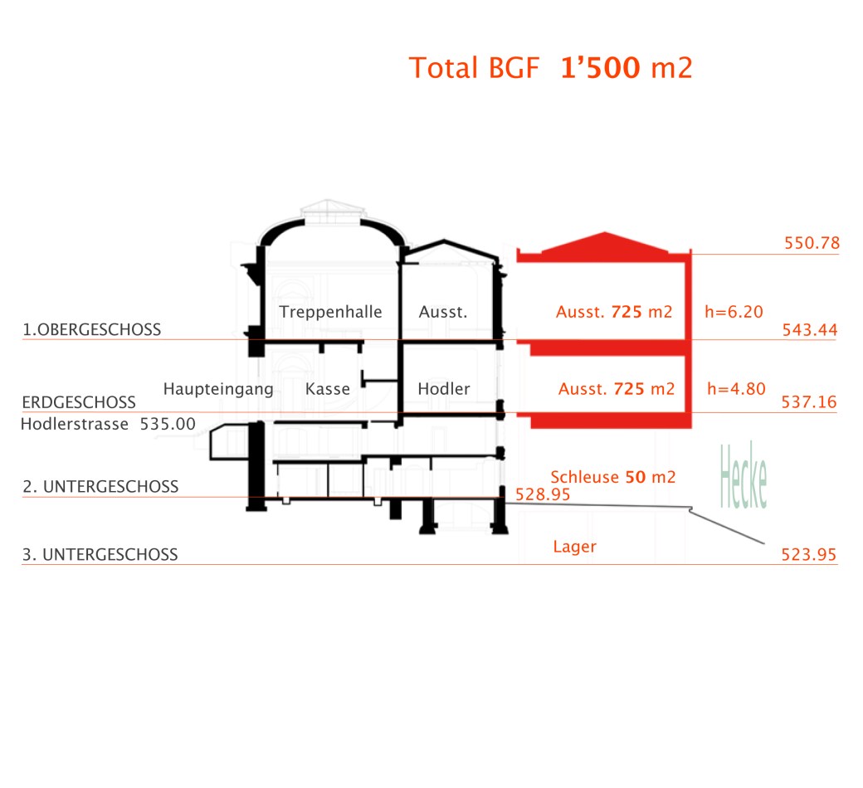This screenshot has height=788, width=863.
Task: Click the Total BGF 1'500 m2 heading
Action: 550,68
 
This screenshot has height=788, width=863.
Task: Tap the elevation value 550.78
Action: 812,243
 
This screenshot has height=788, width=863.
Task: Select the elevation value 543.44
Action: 810,329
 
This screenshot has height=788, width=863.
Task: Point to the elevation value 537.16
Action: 809,401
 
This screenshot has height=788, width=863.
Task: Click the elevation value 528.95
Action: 543,494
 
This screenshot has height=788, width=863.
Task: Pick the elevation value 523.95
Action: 809,554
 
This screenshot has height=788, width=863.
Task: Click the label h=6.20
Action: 734,312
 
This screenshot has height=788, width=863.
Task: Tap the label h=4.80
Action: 736,389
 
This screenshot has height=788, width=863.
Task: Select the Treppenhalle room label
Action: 330,312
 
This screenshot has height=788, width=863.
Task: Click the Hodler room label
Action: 444,389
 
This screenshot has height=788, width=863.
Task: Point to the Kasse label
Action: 328,389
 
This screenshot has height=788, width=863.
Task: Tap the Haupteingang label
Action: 218,389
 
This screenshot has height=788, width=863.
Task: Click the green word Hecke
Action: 744,477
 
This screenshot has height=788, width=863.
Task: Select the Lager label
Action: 574,547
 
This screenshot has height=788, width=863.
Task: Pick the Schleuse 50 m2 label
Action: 613,477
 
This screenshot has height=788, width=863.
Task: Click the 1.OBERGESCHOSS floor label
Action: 91,329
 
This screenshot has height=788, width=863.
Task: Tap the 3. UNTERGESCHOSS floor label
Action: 100,554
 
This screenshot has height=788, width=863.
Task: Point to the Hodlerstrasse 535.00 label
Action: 108,424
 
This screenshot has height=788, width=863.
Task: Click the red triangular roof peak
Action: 605,233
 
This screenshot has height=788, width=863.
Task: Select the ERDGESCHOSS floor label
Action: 79,402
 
